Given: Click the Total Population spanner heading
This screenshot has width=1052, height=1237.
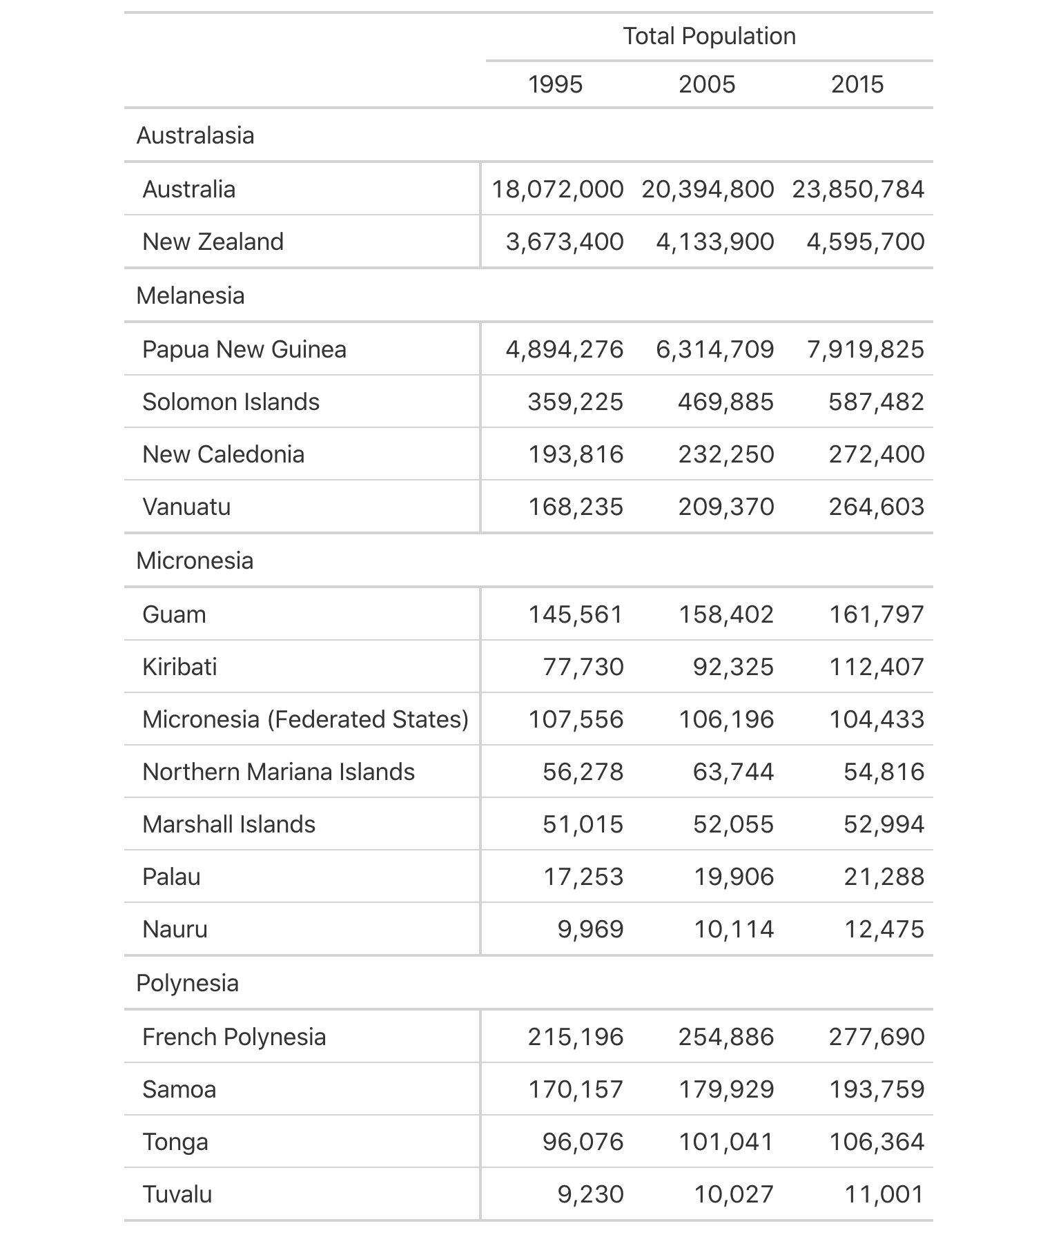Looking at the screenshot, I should click(709, 36).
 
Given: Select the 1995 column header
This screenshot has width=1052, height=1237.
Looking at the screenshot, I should click(555, 84).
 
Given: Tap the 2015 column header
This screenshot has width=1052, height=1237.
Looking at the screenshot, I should click(857, 84).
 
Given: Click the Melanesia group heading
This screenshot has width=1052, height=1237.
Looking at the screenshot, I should click(191, 295).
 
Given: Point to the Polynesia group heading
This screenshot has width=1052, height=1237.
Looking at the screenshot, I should click(188, 983).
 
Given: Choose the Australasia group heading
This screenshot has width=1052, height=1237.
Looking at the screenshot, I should click(195, 135).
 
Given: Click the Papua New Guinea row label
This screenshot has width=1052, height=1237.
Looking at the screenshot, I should click(244, 349).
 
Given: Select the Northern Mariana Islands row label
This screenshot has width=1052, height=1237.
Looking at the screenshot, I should click(278, 772).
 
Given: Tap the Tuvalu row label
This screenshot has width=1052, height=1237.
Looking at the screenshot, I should click(177, 1194).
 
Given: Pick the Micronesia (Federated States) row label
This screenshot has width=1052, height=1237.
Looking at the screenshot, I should click(305, 719).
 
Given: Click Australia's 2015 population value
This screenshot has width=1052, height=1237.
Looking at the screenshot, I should click(857, 189).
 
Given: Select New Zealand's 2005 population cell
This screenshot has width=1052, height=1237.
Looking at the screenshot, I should click(714, 242).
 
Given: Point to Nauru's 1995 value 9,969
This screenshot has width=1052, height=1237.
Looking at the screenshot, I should click(590, 929).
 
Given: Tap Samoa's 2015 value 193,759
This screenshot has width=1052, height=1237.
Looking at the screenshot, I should click(876, 1089).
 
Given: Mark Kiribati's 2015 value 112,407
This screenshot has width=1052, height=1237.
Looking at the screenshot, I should click(876, 667).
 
